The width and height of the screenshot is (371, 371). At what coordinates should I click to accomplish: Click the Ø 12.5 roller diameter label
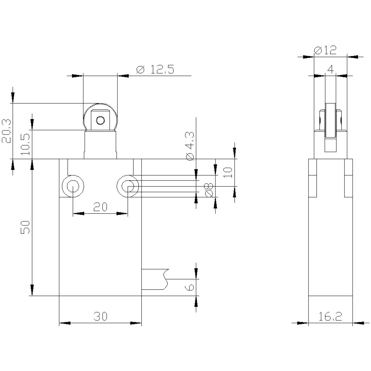click(155, 69)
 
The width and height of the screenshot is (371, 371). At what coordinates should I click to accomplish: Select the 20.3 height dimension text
click(6, 131)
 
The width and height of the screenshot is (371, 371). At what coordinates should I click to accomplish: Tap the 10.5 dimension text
click(25, 144)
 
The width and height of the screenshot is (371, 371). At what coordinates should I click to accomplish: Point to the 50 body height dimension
click(25, 227)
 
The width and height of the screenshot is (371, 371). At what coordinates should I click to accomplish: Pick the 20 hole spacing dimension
click(100, 207)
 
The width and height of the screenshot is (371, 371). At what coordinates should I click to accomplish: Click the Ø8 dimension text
click(209, 190)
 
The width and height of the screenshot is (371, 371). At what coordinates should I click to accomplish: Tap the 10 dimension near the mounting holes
click(228, 173)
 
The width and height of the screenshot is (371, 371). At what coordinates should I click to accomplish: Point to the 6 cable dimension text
click(190, 288)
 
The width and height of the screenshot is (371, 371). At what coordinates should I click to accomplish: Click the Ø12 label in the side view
click(325, 50)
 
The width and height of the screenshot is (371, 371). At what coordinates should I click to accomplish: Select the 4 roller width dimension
click(330, 69)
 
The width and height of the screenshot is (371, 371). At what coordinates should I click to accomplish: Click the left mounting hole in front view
click(73, 186)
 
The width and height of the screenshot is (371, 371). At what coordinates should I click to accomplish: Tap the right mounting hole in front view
click(128, 186)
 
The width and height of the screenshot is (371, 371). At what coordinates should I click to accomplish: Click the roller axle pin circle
click(100, 121)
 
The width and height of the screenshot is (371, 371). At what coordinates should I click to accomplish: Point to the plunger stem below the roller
click(100, 144)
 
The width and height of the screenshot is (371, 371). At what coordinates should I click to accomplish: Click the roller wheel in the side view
click(330, 121)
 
